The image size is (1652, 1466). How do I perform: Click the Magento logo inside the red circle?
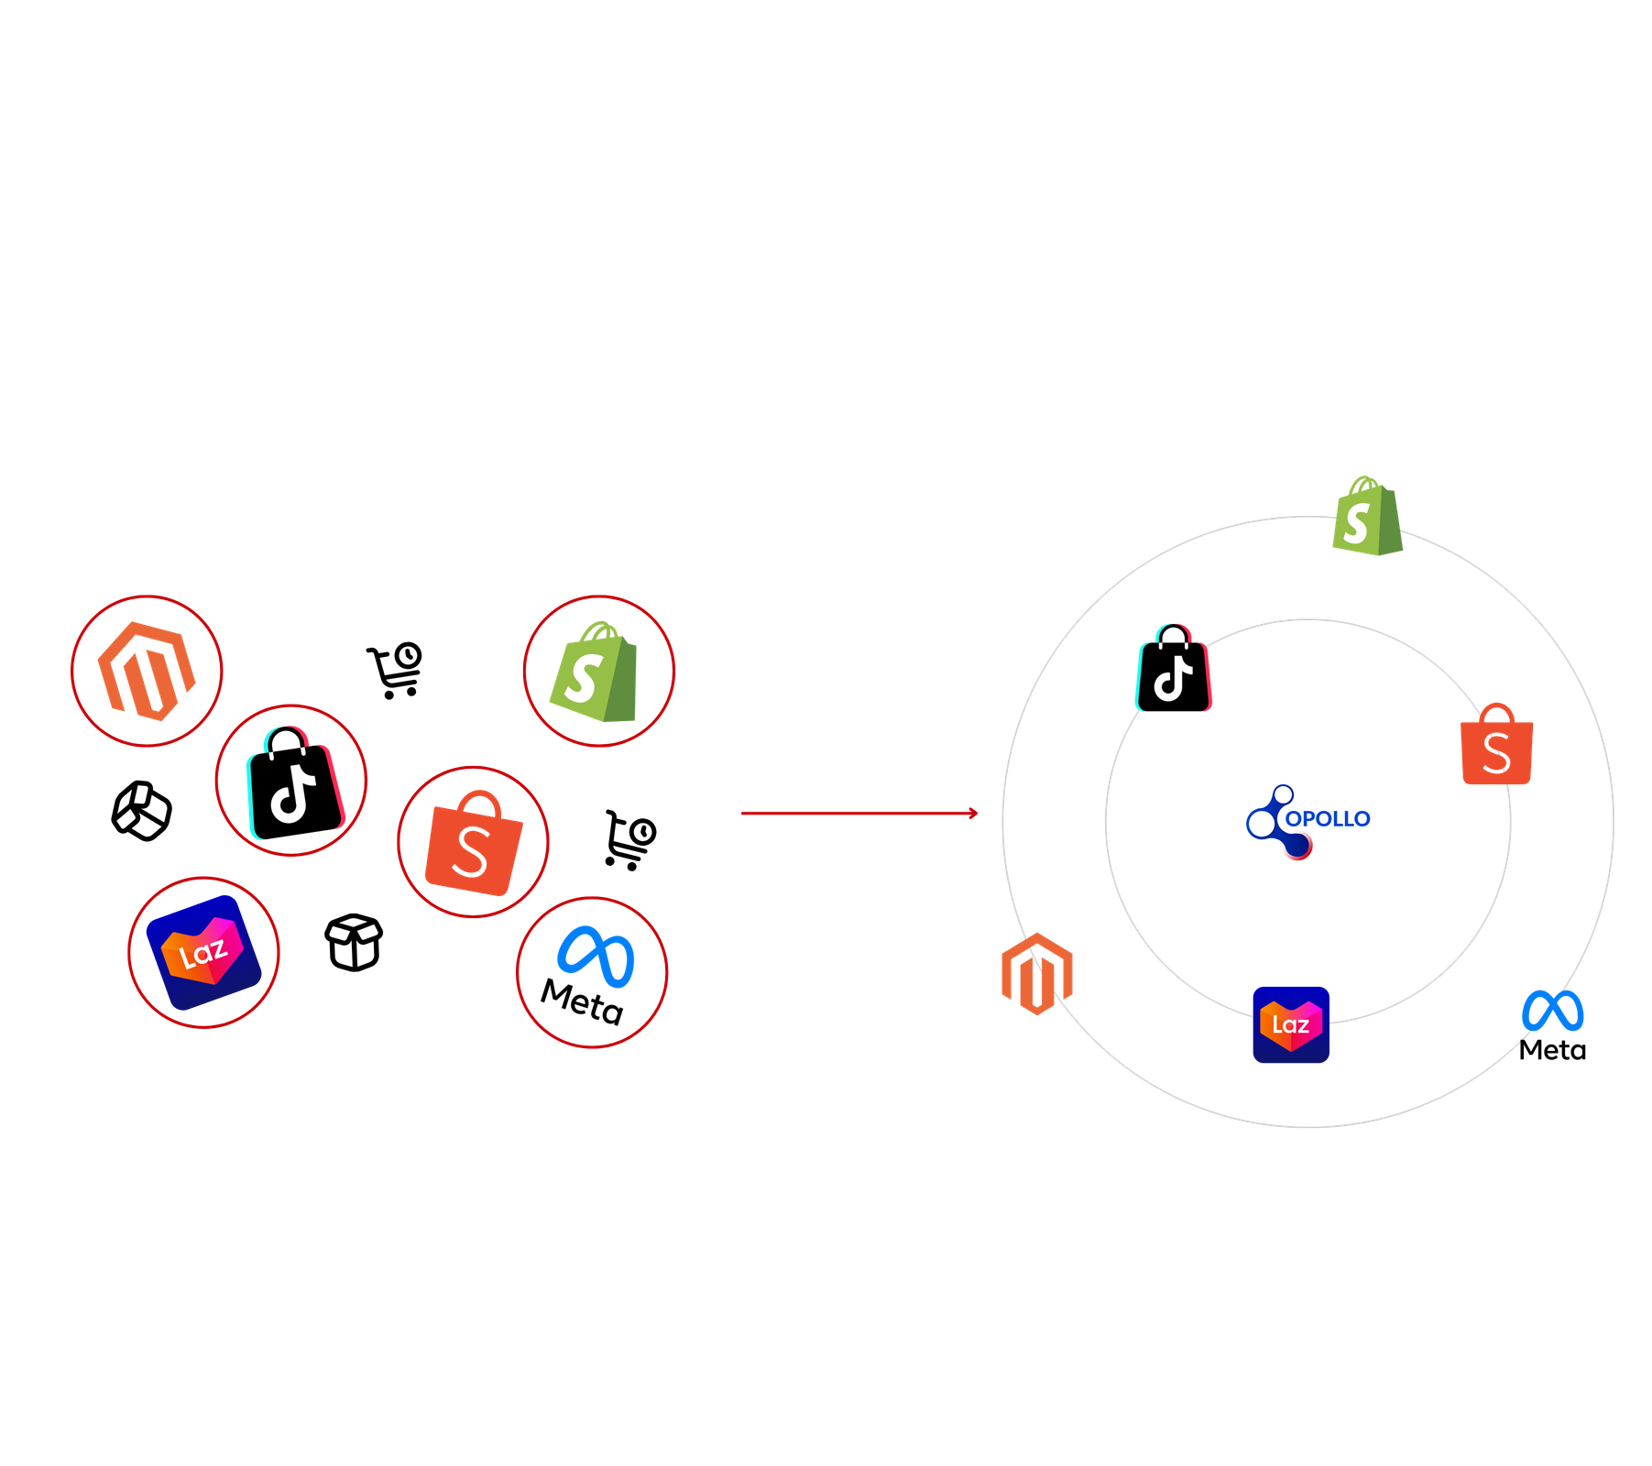click(x=147, y=671)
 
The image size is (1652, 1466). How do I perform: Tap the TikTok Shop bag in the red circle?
click(x=292, y=783)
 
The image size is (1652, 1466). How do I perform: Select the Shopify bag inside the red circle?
click(x=596, y=673)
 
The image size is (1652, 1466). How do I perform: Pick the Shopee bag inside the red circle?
click(x=473, y=848)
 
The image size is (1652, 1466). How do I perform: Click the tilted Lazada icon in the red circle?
click(x=203, y=953)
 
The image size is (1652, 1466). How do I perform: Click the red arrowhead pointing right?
click(x=973, y=813)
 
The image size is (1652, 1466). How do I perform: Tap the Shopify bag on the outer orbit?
click(x=1366, y=518)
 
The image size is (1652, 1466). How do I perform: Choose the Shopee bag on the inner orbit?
click(x=1496, y=747)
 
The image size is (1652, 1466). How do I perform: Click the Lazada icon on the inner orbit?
click(x=1291, y=1023)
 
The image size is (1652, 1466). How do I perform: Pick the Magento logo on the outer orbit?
click(x=1036, y=974)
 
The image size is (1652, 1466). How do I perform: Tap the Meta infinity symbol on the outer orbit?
click(x=1553, y=1012)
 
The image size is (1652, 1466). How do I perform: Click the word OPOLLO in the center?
click(x=1328, y=819)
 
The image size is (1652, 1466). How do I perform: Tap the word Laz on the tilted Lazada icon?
click(x=202, y=955)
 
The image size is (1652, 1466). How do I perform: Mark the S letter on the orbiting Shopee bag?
click(x=1496, y=753)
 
